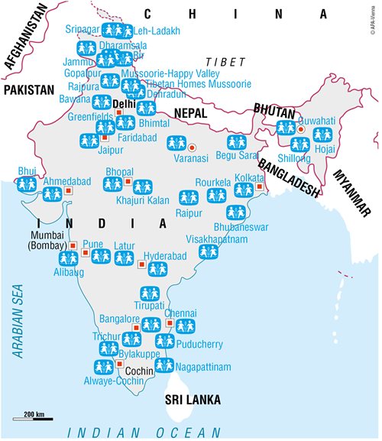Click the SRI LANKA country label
coord(193,400)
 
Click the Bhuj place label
coord(27,170)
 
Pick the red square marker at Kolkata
coord(260,186)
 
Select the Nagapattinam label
coord(202,368)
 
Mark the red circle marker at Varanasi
coord(192,147)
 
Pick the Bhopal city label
coord(120,171)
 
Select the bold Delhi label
coord(124,102)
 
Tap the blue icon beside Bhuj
coord(28,184)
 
